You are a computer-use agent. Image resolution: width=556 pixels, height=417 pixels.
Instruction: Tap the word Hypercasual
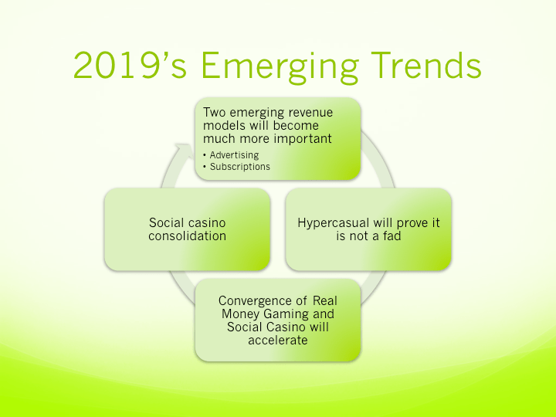tap(334, 223)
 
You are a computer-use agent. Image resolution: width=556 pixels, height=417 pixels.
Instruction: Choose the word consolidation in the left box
tap(188, 236)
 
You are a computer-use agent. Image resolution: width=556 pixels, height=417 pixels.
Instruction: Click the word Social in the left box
tap(167, 223)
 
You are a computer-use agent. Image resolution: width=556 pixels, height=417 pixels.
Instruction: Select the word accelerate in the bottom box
tap(278, 340)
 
